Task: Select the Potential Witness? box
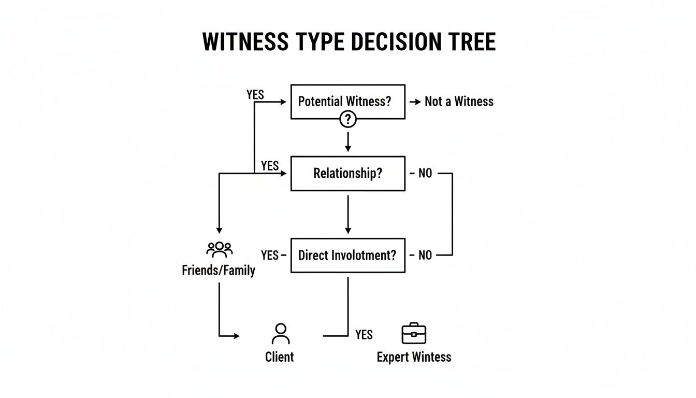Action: [x=347, y=101]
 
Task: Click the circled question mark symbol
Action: [x=348, y=120]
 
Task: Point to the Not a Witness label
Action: [x=459, y=102]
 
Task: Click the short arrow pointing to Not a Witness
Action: [x=415, y=102]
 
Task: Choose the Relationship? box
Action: [x=347, y=173]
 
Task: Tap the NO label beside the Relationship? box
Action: [x=425, y=173]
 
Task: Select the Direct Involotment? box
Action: [x=347, y=255]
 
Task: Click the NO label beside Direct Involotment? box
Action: [x=425, y=255]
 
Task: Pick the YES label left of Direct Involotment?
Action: [x=270, y=255]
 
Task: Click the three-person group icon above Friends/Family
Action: [x=220, y=250]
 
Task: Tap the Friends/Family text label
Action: [x=219, y=270]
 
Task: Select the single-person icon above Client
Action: [x=281, y=334]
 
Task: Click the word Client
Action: [x=280, y=357]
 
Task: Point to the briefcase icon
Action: [x=414, y=334]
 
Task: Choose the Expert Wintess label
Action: [x=414, y=357]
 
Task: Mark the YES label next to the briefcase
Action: [x=364, y=335]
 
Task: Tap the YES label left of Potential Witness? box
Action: [x=255, y=95]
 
